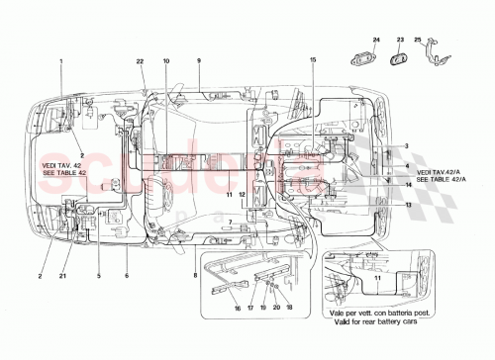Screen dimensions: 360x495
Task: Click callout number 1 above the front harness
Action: point(60,62)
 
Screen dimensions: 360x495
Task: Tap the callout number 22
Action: point(140,62)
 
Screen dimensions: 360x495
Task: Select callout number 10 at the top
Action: point(166,62)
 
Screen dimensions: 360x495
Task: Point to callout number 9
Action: point(198,62)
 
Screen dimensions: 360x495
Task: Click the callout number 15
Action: point(312,62)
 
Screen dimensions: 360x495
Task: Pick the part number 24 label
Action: point(376,40)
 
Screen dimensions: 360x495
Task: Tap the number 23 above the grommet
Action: point(401,40)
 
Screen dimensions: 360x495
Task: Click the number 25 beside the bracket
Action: point(418,40)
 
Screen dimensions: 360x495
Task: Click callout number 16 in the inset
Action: point(238,309)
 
